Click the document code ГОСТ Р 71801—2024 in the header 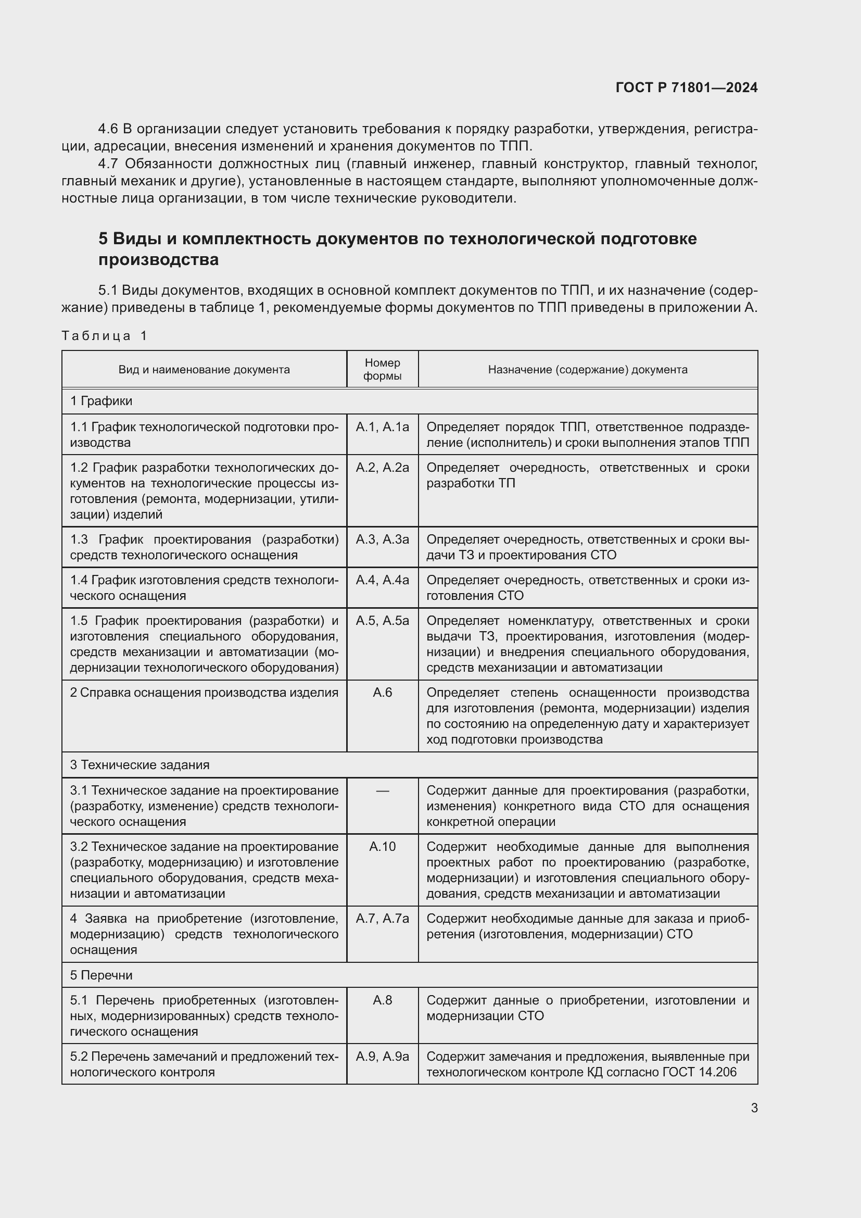pyautogui.click(x=686, y=87)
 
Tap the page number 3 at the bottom pyautogui.click(x=754, y=1108)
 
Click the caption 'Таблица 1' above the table pyautogui.click(x=104, y=335)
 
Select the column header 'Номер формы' pyautogui.click(x=382, y=369)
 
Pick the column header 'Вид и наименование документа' pyautogui.click(x=204, y=369)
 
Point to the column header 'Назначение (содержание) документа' pyautogui.click(x=587, y=369)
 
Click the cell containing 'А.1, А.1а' pyautogui.click(x=382, y=427)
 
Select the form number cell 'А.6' pyautogui.click(x=382, y=692)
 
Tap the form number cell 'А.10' pyautogui.click(x=382, y=846)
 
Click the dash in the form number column pyautogui.click(x=382, y=790)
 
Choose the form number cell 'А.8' pyautogui.click(x=382, y=1000)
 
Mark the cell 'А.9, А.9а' pyautogui.click(x=382, y=1056)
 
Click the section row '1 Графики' pyautogui.click(x=102, y=401)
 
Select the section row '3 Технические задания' pyautogui.click(x=140, y=764)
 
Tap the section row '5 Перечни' pyautogui.click(x=102, y=975)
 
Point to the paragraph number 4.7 pyautogui.click(x=109, y=164)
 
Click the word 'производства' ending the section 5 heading pyautogui.click(x=158, y=260)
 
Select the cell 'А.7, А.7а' pyautogui.click(x=382, y=918)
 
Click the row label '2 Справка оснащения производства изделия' pyautogui.click(x=204, y=692)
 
